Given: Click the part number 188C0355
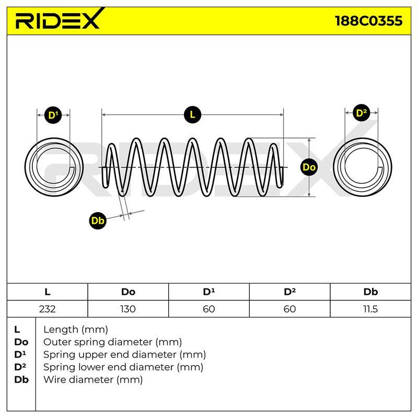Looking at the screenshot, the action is (x=369, y=21).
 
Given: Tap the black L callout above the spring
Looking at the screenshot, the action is (x=192, y=115).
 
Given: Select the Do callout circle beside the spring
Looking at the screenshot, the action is (x=309, y=167).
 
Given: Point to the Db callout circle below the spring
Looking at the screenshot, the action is (x=98, y=220).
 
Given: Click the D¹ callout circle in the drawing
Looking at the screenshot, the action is (x=53, y=115).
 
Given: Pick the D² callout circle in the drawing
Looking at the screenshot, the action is (x=361, y=113).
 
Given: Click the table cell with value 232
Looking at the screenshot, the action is (x=47, y=309).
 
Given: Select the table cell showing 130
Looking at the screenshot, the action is (x=128, y=309).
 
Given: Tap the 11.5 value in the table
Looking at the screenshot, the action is (x=370, y=309).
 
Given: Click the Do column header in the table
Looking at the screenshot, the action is (x=128, y=292).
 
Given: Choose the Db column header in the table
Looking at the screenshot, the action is (x=370, y=292).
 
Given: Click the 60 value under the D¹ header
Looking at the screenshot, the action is (x=208, y=309).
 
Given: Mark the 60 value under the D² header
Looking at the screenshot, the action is (x=289, y=309).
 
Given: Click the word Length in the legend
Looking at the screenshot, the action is (x=61, y=330).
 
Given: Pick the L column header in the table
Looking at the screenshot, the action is (x=47, y=292).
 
